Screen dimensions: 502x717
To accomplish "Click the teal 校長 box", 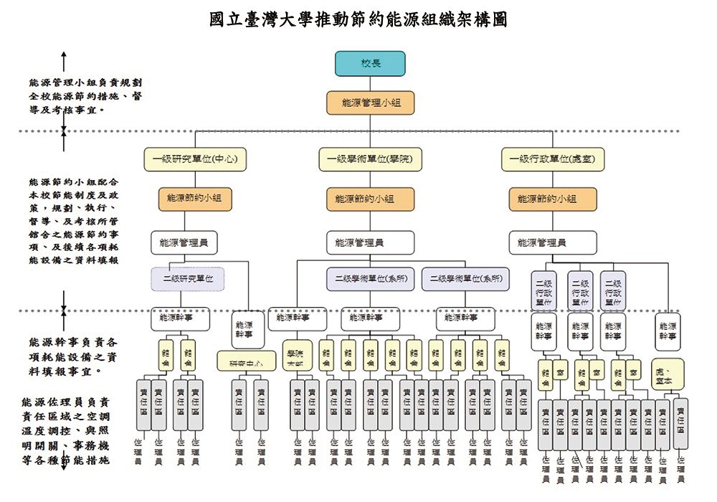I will [x=370, y=64].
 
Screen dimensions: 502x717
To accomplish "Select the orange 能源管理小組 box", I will [x=370, y=103].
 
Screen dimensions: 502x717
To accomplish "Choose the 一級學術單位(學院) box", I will [x=370, y=159].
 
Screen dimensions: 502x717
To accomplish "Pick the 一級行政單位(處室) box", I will [x=552, y=159].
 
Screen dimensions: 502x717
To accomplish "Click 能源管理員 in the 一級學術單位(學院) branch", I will [x=370, y=242].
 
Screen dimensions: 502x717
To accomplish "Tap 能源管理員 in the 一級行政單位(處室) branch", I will [x=552, y=242].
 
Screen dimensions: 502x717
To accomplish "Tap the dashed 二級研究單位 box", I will [x=188, y=278].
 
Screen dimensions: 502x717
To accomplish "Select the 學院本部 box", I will [x=297, y=356].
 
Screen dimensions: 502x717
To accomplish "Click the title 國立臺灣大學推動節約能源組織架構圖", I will [x=358, y=19].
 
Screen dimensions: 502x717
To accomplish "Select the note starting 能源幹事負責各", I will [x=73, y=357].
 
